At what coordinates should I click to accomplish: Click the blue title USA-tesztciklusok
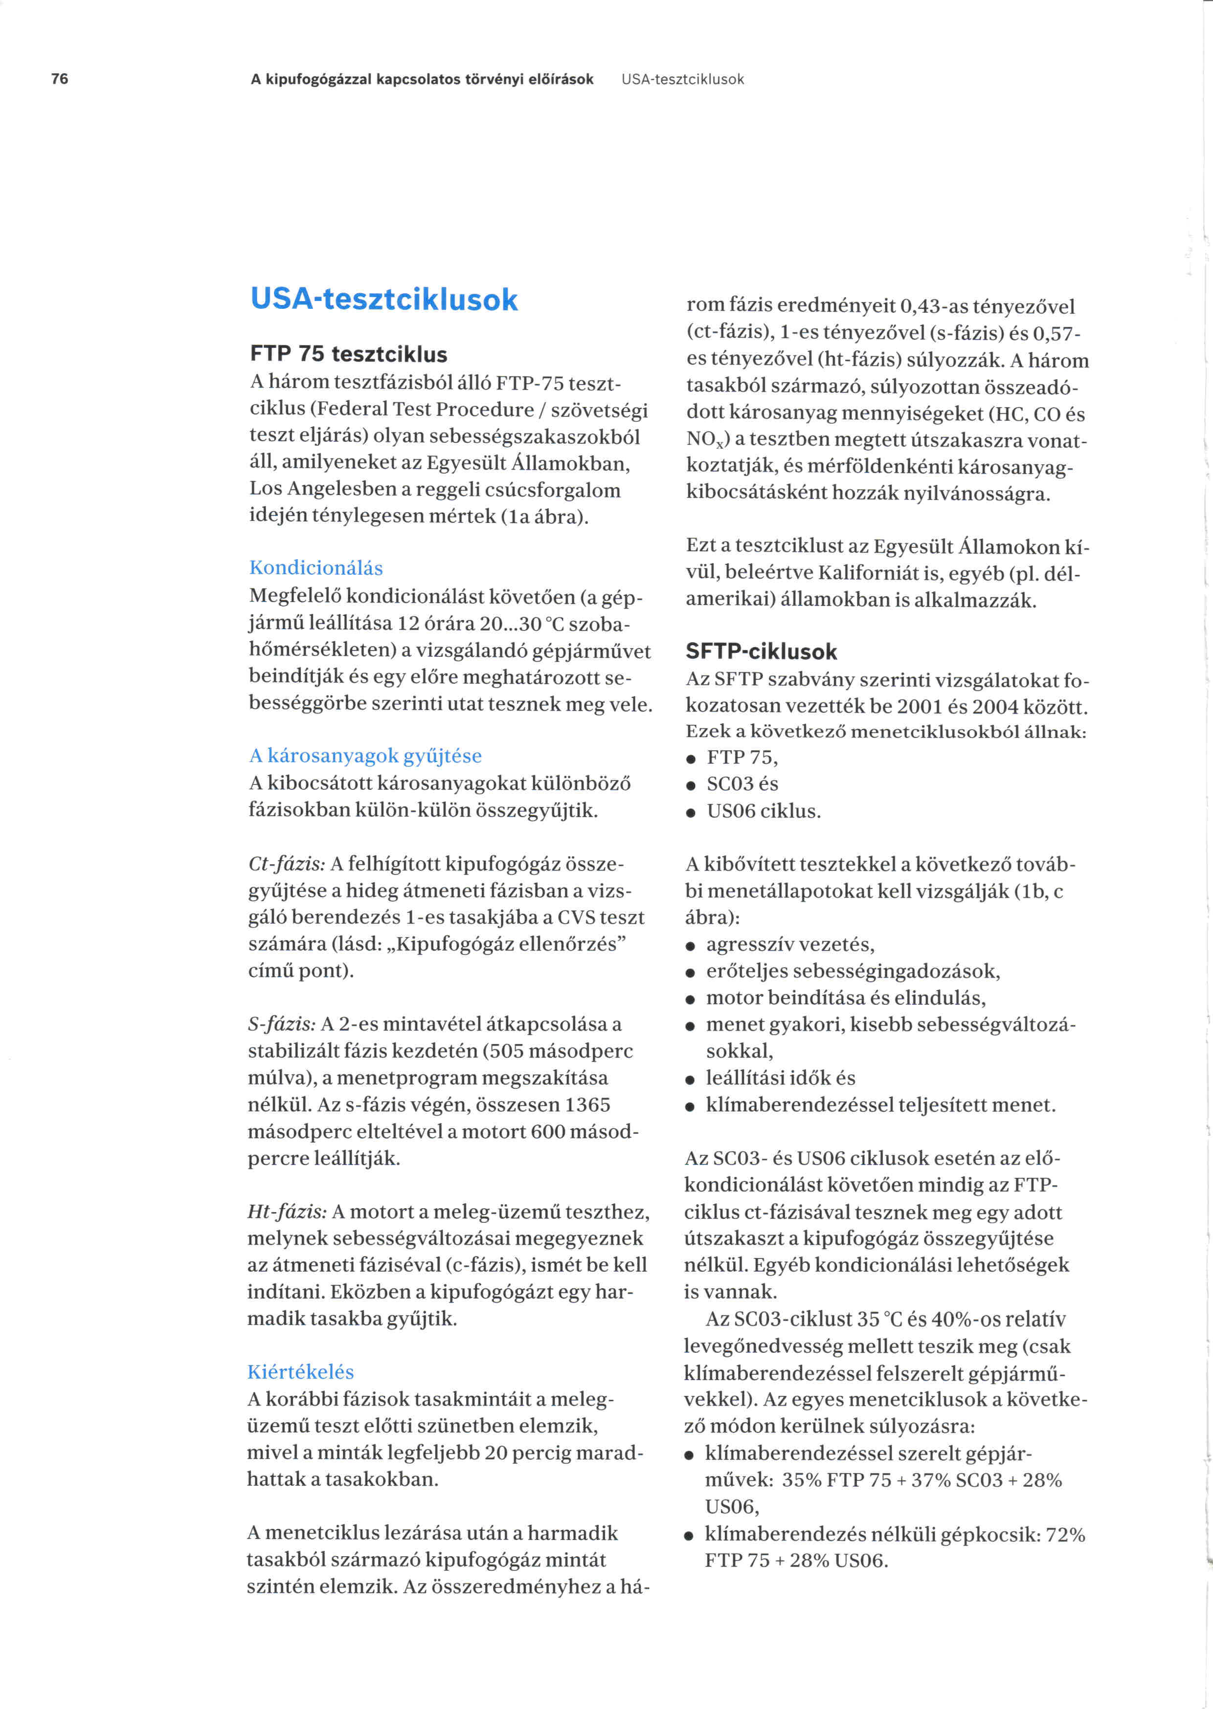(384, 300)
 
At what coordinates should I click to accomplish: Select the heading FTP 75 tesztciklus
(348, 354)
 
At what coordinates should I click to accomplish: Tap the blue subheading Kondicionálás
(316, 568)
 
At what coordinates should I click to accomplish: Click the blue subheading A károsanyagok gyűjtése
(365, 756)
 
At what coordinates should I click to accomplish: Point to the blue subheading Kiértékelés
(300, 1372)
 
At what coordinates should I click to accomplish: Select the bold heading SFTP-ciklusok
(761, 651)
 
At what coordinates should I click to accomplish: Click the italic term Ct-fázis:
(286, 864)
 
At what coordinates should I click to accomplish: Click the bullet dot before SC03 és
(691, 786)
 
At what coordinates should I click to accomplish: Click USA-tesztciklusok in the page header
(683, 79)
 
